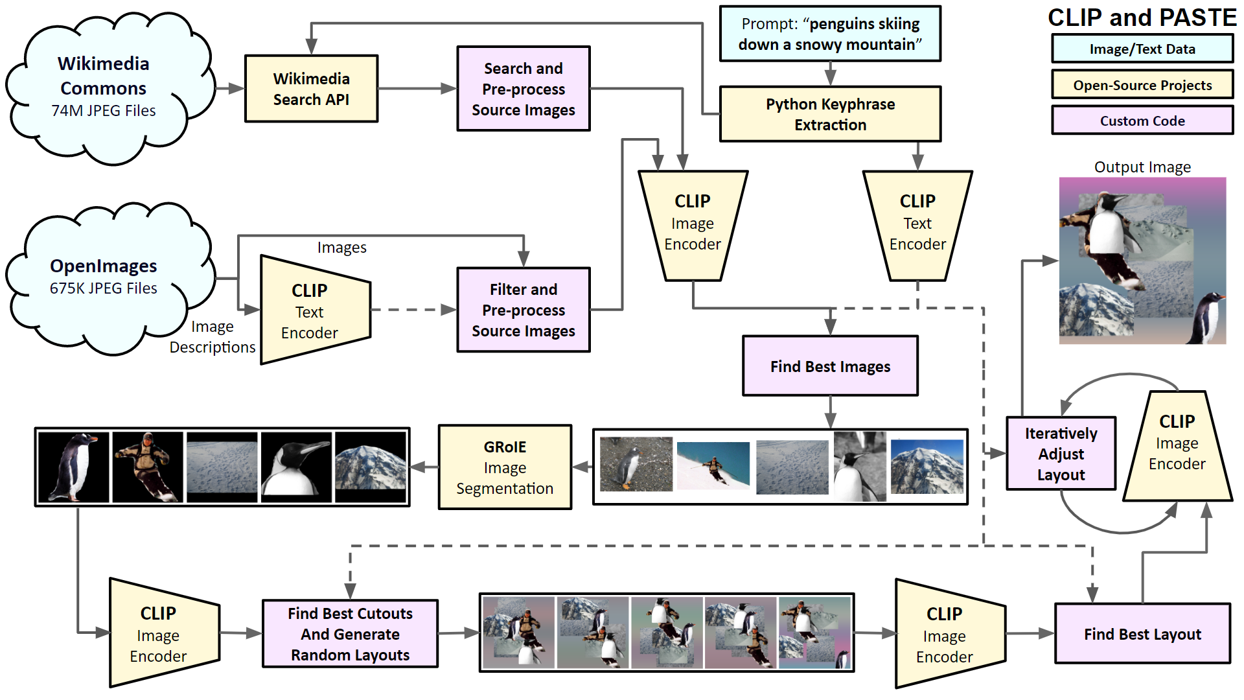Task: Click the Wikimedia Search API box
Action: coord(311,89)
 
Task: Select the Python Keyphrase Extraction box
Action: coord(830,114)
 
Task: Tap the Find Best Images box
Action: coord(830,366)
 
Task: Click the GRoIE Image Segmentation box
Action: coord(505,467)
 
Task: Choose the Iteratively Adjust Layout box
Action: coord(1061,454)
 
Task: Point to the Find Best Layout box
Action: coord(1142,634)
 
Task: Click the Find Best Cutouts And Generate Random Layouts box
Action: coord(350,634)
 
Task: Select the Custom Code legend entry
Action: coord(1142,121)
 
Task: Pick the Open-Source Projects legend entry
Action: coord(1142,85)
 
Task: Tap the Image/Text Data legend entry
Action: coord(1142,49)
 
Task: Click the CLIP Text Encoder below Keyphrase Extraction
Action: coord(917,224)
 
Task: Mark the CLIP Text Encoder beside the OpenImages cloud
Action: coord(310,311)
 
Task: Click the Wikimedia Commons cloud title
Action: coord(104,76)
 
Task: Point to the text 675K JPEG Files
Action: coord(104,288)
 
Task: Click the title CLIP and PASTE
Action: coord(1142,17)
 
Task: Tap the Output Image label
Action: coord(1142,167)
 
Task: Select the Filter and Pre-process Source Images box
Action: coord(524,310)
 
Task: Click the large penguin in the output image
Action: coord(1109,227)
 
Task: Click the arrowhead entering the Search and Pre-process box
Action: coord(449,89)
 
